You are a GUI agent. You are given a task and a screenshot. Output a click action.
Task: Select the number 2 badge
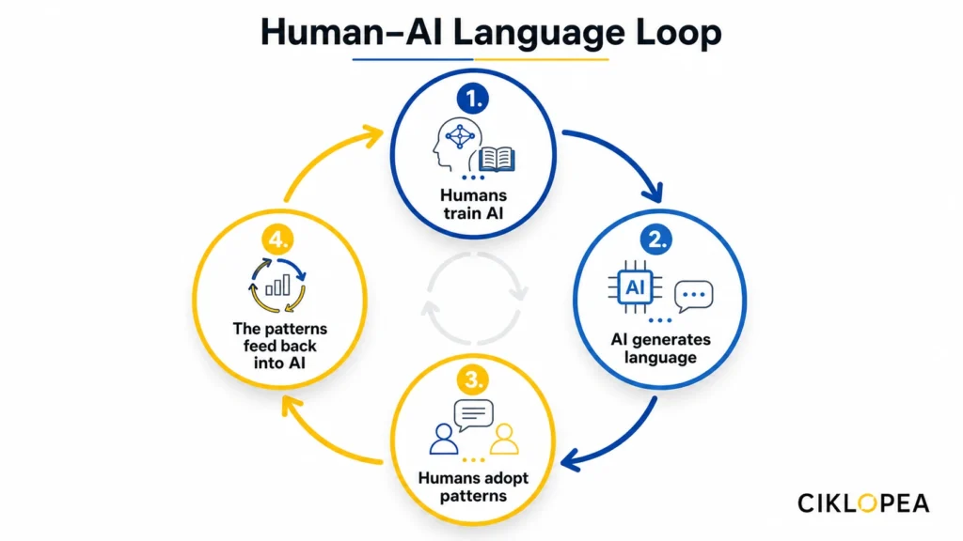pyautogui.click(x=656, y=238)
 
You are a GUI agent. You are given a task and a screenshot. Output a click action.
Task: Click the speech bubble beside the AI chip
pyautogui.click(x=694, y=296)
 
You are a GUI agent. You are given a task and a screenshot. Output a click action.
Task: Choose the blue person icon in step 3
pyautogui.click(x=442, y=438)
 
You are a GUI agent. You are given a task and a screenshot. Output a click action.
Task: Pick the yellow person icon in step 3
pyautogui.click(x=505, y=438)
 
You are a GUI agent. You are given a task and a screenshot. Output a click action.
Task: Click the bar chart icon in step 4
pyautogui.click(x=278, y=285)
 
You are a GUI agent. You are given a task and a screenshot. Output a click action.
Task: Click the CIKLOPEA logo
pyautogui.click(x=863, y=502)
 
